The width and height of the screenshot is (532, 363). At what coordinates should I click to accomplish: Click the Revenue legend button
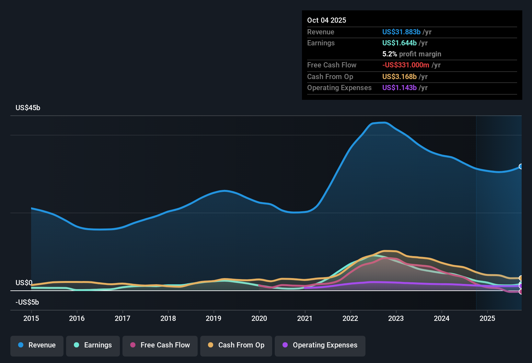[37, 345]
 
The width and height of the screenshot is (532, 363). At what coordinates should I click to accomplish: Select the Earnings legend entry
[93, 345]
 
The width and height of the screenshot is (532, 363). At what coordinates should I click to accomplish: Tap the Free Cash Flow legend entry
[160, 345]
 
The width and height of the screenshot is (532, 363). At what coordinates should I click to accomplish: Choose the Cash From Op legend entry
[236, 345]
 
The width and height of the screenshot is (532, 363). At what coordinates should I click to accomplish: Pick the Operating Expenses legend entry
[320, 345]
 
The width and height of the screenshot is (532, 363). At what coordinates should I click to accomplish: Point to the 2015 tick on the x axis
[31, 318]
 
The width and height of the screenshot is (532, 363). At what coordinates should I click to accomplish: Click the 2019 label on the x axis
[214, 318]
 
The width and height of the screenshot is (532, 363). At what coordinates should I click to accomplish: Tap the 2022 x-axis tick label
[350, 318]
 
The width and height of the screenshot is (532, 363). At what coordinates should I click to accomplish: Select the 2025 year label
[487, 318]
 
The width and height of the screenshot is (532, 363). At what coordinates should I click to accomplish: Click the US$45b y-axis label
[28, 108]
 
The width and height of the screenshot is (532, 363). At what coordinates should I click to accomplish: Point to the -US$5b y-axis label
[27, 302]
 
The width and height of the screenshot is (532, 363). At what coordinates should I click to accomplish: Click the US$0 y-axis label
[24, 283]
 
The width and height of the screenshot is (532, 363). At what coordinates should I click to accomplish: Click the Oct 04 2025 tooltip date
[327, 20]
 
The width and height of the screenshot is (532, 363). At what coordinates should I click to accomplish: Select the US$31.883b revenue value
[401, 32]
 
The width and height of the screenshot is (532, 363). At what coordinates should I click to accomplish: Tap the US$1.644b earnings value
[399, 43]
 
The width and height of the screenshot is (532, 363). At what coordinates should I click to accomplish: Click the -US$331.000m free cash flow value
[406, 65]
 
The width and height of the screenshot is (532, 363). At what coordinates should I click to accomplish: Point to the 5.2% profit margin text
[411, 54]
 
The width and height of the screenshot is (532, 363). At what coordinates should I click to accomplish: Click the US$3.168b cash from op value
[399, 76]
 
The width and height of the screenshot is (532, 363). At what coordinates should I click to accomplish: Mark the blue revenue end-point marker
[521, 167]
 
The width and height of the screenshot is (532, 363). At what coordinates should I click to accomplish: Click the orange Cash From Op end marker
[521, 278]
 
